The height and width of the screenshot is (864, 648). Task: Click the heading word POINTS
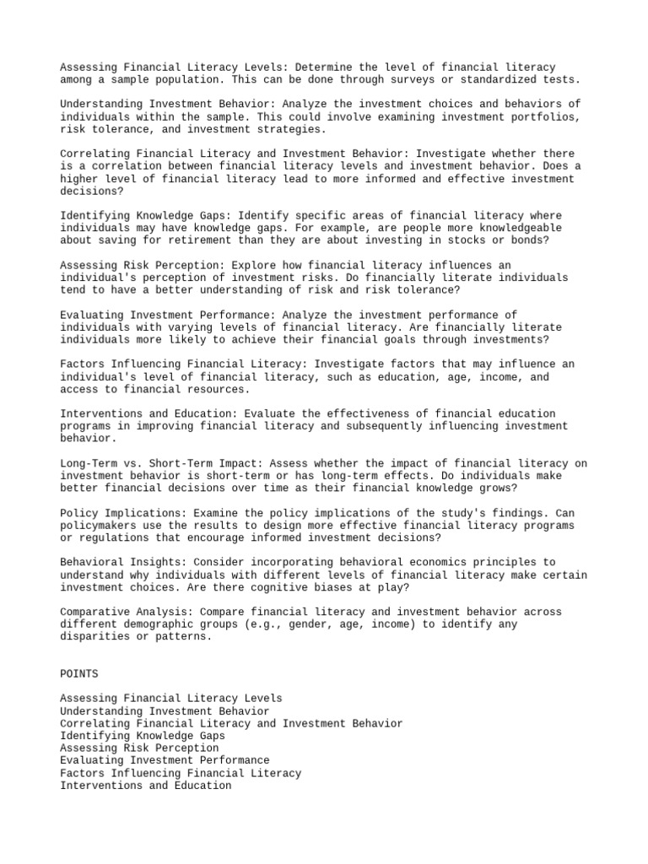[79, 673]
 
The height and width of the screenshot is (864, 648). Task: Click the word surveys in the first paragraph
[402, 79]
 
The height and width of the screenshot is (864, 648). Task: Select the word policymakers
[98, 525]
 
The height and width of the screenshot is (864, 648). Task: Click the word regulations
[111, 537]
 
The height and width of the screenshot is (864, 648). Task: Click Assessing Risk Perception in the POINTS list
[139, 748]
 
